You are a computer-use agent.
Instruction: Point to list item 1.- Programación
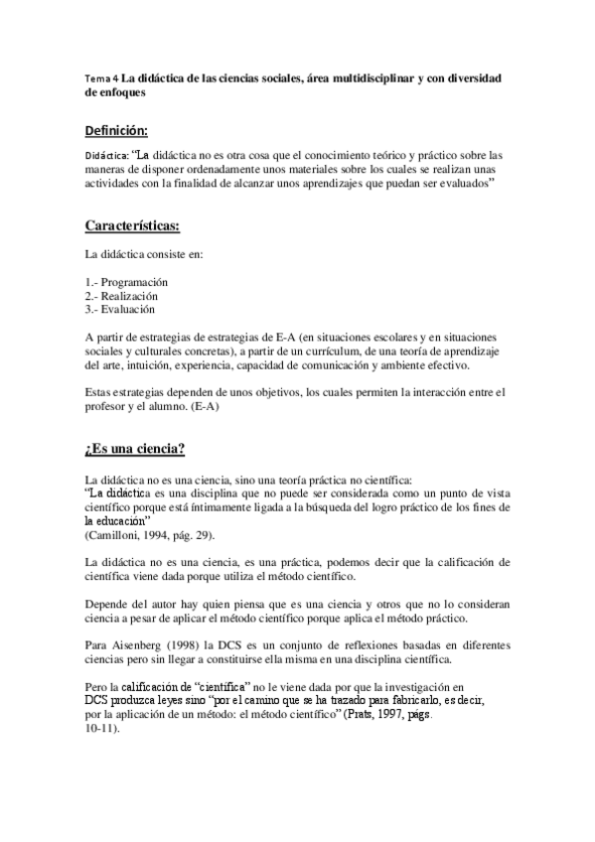point(126,281)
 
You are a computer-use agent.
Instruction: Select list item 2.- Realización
point(121,295)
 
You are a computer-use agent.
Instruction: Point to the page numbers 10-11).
point(103,728)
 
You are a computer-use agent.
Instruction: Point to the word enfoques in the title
point(116,92)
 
